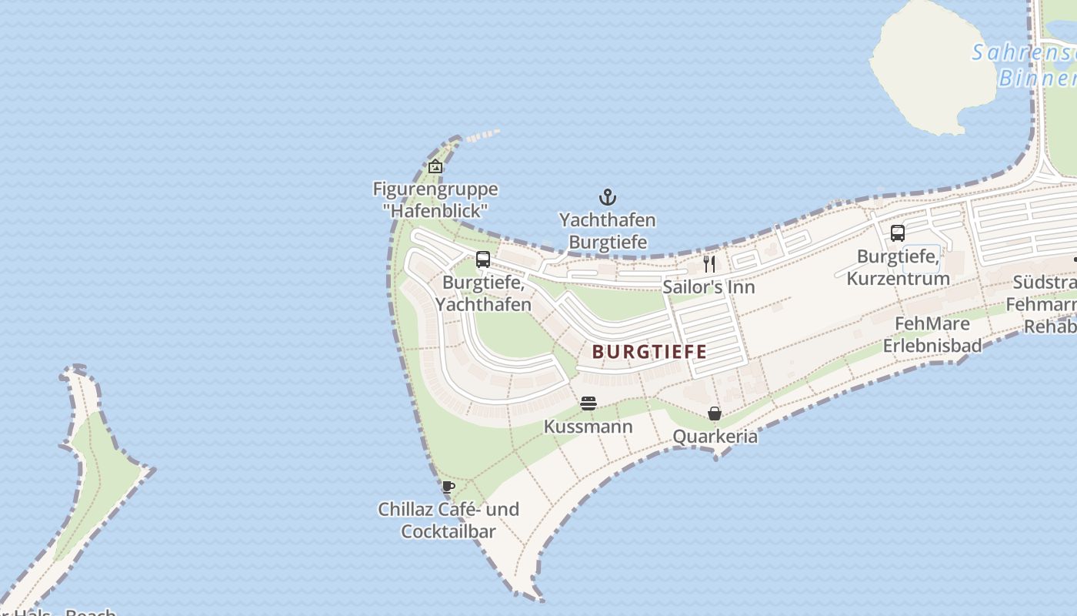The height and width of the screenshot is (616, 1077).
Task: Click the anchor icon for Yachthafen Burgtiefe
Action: pos(608,197)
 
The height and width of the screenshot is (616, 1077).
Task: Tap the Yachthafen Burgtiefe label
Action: pos(607,231)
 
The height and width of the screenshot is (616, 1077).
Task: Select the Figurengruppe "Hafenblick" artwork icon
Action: pos(435,166)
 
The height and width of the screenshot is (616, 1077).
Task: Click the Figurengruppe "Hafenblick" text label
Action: pos(435,199)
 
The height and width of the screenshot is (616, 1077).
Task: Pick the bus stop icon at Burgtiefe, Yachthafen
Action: pos(483,259)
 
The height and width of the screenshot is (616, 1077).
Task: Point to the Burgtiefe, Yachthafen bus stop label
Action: pos(484,293)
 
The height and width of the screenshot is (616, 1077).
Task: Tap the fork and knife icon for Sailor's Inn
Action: pos(709,264)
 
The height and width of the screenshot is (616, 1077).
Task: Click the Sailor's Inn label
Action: pos(709,287)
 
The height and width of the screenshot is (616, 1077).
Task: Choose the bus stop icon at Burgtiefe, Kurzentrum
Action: pos(897,233)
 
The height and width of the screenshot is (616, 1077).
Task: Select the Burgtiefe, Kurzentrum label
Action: pos(898,267)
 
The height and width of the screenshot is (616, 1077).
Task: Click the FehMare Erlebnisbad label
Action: pos(932,334)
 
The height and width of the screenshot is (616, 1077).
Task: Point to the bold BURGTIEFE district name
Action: pos(649,352)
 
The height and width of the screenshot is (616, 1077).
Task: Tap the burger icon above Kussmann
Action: pos(589,403)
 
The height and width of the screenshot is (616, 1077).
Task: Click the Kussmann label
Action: pos(589,427)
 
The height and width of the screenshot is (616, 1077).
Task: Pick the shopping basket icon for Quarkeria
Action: pos(715,413)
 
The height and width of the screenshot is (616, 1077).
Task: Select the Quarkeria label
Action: pos(715,437)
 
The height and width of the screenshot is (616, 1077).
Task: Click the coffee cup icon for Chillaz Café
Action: pos(448,487)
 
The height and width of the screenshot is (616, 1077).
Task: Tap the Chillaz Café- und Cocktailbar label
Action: pos(448,521)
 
